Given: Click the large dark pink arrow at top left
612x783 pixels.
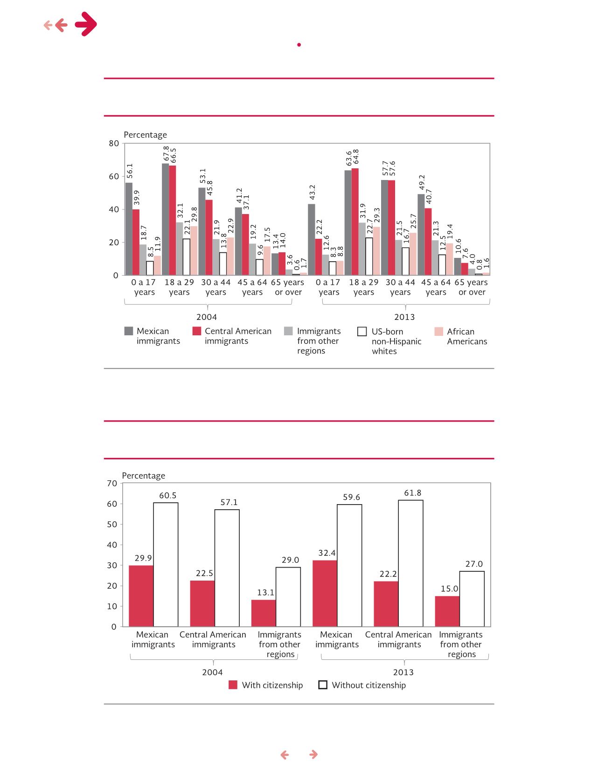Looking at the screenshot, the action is [86, 24].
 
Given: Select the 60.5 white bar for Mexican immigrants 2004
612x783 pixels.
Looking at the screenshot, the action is [166, 564].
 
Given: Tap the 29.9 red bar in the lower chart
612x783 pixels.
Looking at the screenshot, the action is [141, 596].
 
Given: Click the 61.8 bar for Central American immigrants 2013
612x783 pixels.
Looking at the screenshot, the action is [411, 563].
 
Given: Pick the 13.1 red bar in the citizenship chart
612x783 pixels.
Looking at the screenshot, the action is [264, 613].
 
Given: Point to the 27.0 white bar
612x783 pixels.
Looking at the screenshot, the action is [472, 599].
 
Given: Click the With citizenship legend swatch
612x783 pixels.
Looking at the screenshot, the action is [233, 685].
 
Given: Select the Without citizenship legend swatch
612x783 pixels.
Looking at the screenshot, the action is [322, 685].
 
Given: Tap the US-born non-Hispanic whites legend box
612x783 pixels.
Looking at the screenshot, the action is [362, 332].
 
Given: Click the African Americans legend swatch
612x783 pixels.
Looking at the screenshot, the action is [438, 332].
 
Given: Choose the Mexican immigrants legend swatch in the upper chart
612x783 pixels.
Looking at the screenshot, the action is [129, 331].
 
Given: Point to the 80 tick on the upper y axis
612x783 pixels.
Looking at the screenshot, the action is [114, 143].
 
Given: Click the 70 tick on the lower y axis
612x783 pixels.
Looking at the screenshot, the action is [112, 483].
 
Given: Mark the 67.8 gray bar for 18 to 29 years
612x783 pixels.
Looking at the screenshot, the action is [166, 219].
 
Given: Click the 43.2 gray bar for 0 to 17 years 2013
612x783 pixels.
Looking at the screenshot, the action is [312, 240].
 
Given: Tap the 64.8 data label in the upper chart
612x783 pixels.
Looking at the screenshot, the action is [355, 158].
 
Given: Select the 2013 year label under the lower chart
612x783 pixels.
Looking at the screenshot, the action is [403, 672].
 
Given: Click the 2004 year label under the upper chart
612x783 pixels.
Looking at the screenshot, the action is [207, 317].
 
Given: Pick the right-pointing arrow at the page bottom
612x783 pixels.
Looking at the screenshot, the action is [313, 755].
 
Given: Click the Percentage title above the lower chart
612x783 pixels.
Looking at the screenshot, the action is [144, 476].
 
